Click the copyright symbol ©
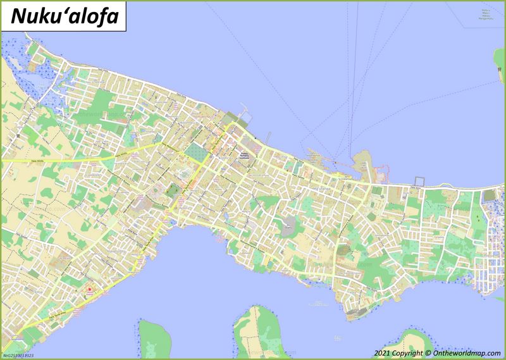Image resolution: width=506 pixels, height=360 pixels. click(x=428, y=352)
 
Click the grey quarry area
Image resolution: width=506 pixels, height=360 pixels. click(x=290, y=223)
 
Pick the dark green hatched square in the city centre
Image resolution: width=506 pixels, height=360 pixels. click(x=196, y=152)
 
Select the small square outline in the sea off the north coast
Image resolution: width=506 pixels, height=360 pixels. click(x=417, y=180)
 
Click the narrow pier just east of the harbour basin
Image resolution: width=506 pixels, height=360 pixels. click(x=269, y=136)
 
